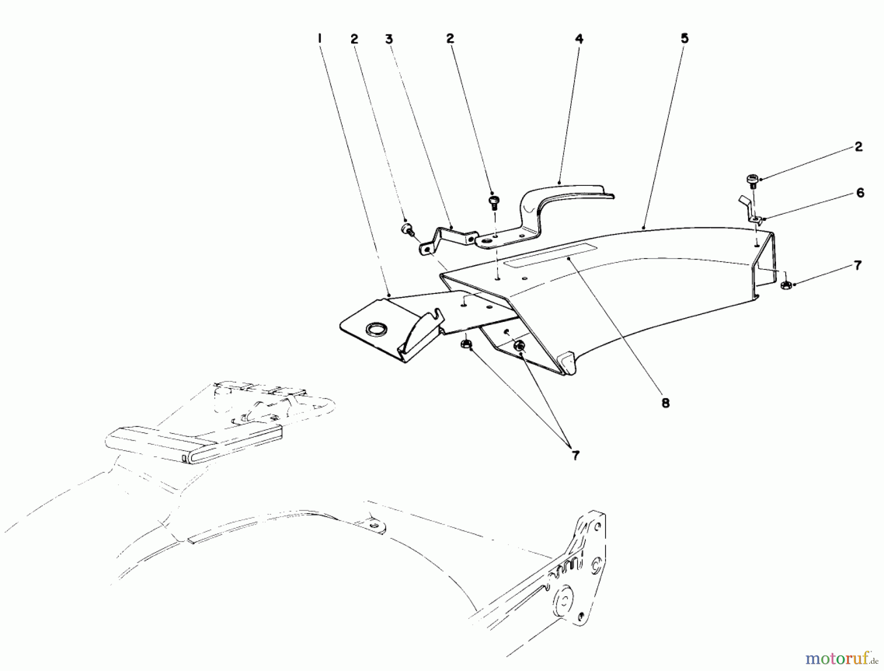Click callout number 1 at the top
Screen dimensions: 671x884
tap(319, 38)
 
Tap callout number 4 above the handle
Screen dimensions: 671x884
tap(579, 39)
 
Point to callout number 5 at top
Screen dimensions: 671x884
tap(685, 38)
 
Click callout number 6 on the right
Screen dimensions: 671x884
tap(860, 193)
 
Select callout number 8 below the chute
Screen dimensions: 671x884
tap(665, 403)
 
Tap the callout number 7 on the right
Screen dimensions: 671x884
tap(857, 265)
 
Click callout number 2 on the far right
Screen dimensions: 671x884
tap(858, 146)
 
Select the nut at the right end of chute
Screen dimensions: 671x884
tap(785, 285)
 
